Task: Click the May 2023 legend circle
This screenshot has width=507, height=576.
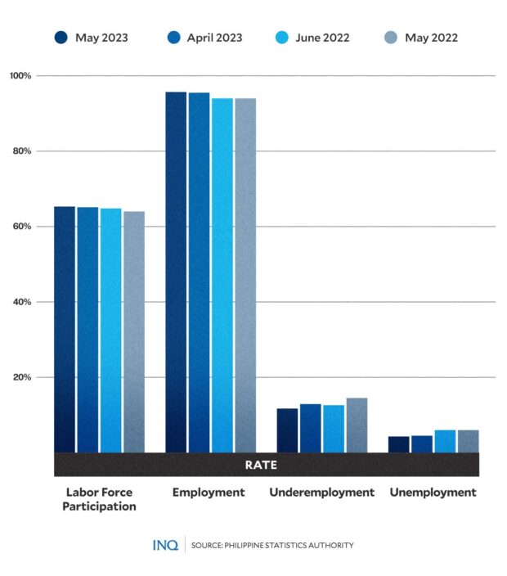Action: click(x=61, y=38)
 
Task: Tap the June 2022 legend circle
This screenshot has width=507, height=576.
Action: click(x=282, y=38)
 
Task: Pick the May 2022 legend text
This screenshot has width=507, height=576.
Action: click(x=431, y=38)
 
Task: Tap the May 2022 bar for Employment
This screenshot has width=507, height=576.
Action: click(x=245, y=275)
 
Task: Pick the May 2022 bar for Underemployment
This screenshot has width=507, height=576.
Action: click(x=357, y=425)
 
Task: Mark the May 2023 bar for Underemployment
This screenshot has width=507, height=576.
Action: click(x=287, y=430)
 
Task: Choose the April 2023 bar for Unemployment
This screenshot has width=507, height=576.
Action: click(x=422, y=443)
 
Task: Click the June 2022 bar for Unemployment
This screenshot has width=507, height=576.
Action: click(x=445, y=441)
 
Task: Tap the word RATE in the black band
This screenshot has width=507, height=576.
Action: click(x=261, y=465)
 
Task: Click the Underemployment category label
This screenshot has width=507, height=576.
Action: click(x=321, y=493)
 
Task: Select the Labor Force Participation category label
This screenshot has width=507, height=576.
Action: click(x=99, y=499)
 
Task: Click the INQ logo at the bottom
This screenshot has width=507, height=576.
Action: click(x=165, y=545)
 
